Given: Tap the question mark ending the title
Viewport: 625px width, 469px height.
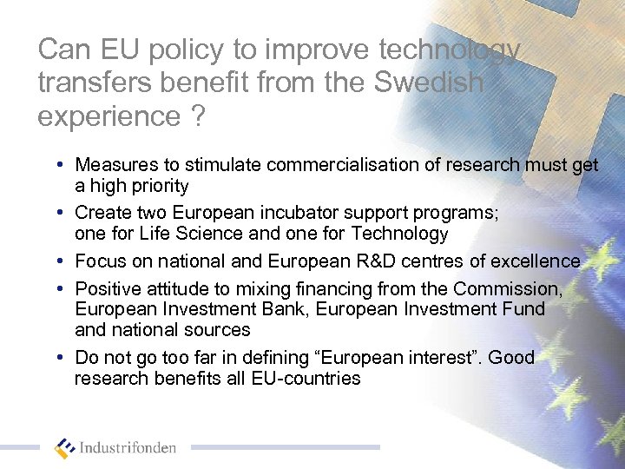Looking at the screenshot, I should (x=199, y=116).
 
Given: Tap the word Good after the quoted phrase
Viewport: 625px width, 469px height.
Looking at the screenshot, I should (x=511, y=357).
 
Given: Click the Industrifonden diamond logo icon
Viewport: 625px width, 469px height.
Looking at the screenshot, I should (x=65, y=448).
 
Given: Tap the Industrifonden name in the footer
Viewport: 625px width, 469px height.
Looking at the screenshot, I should (x=128, y=448).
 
